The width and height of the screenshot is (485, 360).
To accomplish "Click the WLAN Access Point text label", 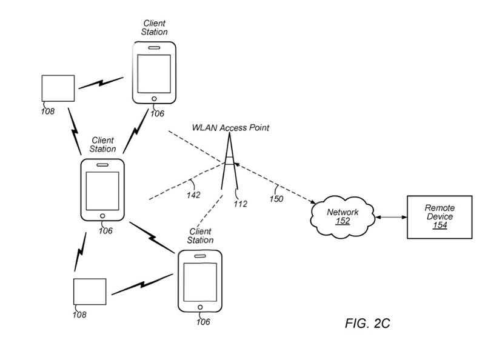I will click(230, 128).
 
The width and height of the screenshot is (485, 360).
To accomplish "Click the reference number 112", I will click(240, 204).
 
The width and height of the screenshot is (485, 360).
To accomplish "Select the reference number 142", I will click(193, 195).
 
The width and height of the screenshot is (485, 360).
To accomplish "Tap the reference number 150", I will click(276, 198).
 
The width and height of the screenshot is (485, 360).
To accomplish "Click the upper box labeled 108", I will click(58, 88).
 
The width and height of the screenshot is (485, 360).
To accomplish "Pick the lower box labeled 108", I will click(90, 292).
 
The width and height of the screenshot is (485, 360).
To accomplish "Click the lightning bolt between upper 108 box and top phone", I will click(100, 83).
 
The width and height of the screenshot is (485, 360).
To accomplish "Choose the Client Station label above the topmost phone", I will click(155, 28).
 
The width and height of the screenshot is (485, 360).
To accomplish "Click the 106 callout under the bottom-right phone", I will click(202, 322).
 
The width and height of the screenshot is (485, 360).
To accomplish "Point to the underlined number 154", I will click(440, 225).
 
